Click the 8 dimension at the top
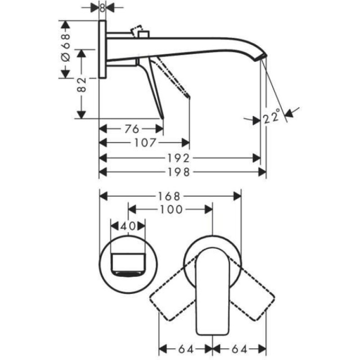click(103, 8)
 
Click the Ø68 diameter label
click(66, 48)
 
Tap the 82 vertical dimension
click(81, 85)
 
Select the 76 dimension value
click(132, 129)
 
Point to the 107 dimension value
click(145, 143)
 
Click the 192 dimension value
click(178, 158)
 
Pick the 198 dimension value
click(179, 172)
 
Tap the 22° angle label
click(272, 117)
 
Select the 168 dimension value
click(170, 196)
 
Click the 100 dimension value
click(171, 209)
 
